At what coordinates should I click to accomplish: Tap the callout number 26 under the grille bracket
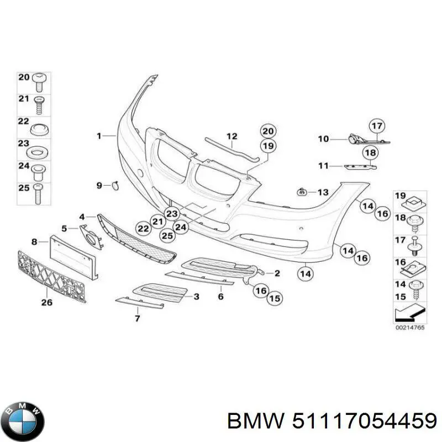click(47, 302)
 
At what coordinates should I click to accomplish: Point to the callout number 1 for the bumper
click(99, 135)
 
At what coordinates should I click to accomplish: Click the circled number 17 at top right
click(376, 127)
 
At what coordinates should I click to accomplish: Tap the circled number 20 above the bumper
click(268, 131)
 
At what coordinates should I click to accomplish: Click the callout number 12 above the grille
click(231, 136)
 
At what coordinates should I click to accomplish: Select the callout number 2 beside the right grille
click(277, 273)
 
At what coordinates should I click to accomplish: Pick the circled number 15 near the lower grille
click(275, 299)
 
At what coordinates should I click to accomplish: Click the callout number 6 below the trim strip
click(220, 297)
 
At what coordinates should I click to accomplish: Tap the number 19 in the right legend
click(401, 196)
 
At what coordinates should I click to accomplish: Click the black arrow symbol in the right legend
click(408, 313)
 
